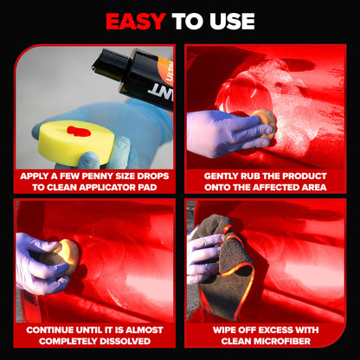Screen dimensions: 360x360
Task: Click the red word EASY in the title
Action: coord(135,22)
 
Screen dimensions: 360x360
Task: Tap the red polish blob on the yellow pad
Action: coord(79,132)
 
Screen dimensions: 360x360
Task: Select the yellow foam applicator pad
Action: coord(76,143)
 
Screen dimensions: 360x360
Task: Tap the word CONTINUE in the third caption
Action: coord(49,330)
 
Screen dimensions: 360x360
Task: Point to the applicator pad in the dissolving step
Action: coord(68,254)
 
